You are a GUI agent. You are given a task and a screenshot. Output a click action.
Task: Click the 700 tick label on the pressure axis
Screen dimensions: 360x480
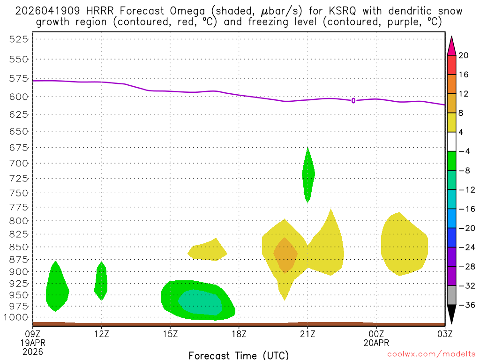(x=19, y=163)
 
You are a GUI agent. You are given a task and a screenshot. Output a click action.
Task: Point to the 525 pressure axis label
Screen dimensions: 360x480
(x=19, y=39)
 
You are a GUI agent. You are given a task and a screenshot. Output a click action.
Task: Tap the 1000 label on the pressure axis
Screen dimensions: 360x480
(x=16, y=317)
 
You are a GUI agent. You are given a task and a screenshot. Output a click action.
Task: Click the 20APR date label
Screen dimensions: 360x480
(x=376, y=343)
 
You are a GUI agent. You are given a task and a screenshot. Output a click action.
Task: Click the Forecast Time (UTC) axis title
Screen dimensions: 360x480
(x=239, y=355)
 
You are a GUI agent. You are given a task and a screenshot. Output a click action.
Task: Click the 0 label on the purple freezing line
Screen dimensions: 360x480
(x=353, y=100)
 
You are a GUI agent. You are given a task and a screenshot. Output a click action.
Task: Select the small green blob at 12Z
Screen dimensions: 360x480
(x=101, y=281)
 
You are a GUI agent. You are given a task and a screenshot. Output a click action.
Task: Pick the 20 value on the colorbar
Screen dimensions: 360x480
(x=464, y=55)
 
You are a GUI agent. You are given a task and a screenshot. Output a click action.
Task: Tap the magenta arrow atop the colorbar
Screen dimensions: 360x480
(x=451, y=45)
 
